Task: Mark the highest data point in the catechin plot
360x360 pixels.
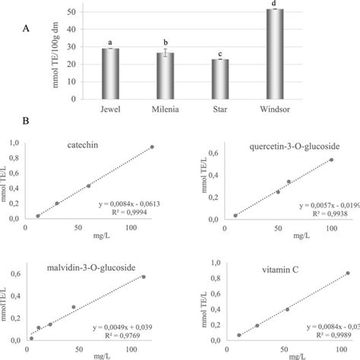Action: coord(152,147)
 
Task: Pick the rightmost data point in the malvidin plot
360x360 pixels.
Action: coord(144,276)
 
